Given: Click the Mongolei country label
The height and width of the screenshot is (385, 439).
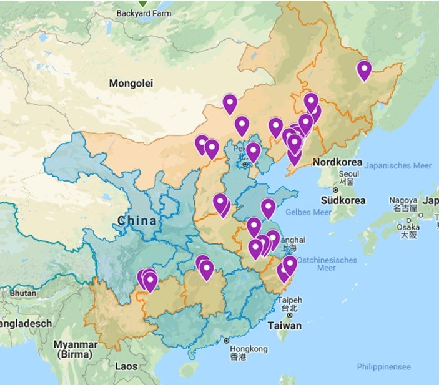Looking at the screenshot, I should tap(131, 83).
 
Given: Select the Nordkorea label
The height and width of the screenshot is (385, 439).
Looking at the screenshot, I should tap(338, 162).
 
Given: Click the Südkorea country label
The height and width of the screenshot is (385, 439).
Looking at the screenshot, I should tap(342, 200).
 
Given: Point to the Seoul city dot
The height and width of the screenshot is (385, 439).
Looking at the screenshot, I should tap(335, 189).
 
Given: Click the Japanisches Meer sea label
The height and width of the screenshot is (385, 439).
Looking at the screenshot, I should tap(398, 165).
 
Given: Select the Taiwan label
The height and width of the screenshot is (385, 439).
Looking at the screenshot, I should tap(284, 326).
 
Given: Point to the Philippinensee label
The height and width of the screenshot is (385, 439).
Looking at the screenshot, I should tap(383, 367).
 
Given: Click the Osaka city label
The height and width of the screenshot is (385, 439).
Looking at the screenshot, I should tap(408, 227).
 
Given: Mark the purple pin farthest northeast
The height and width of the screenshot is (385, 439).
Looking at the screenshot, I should tap(364, 71).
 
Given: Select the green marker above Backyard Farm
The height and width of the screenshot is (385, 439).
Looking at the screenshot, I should tap(144, 3).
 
